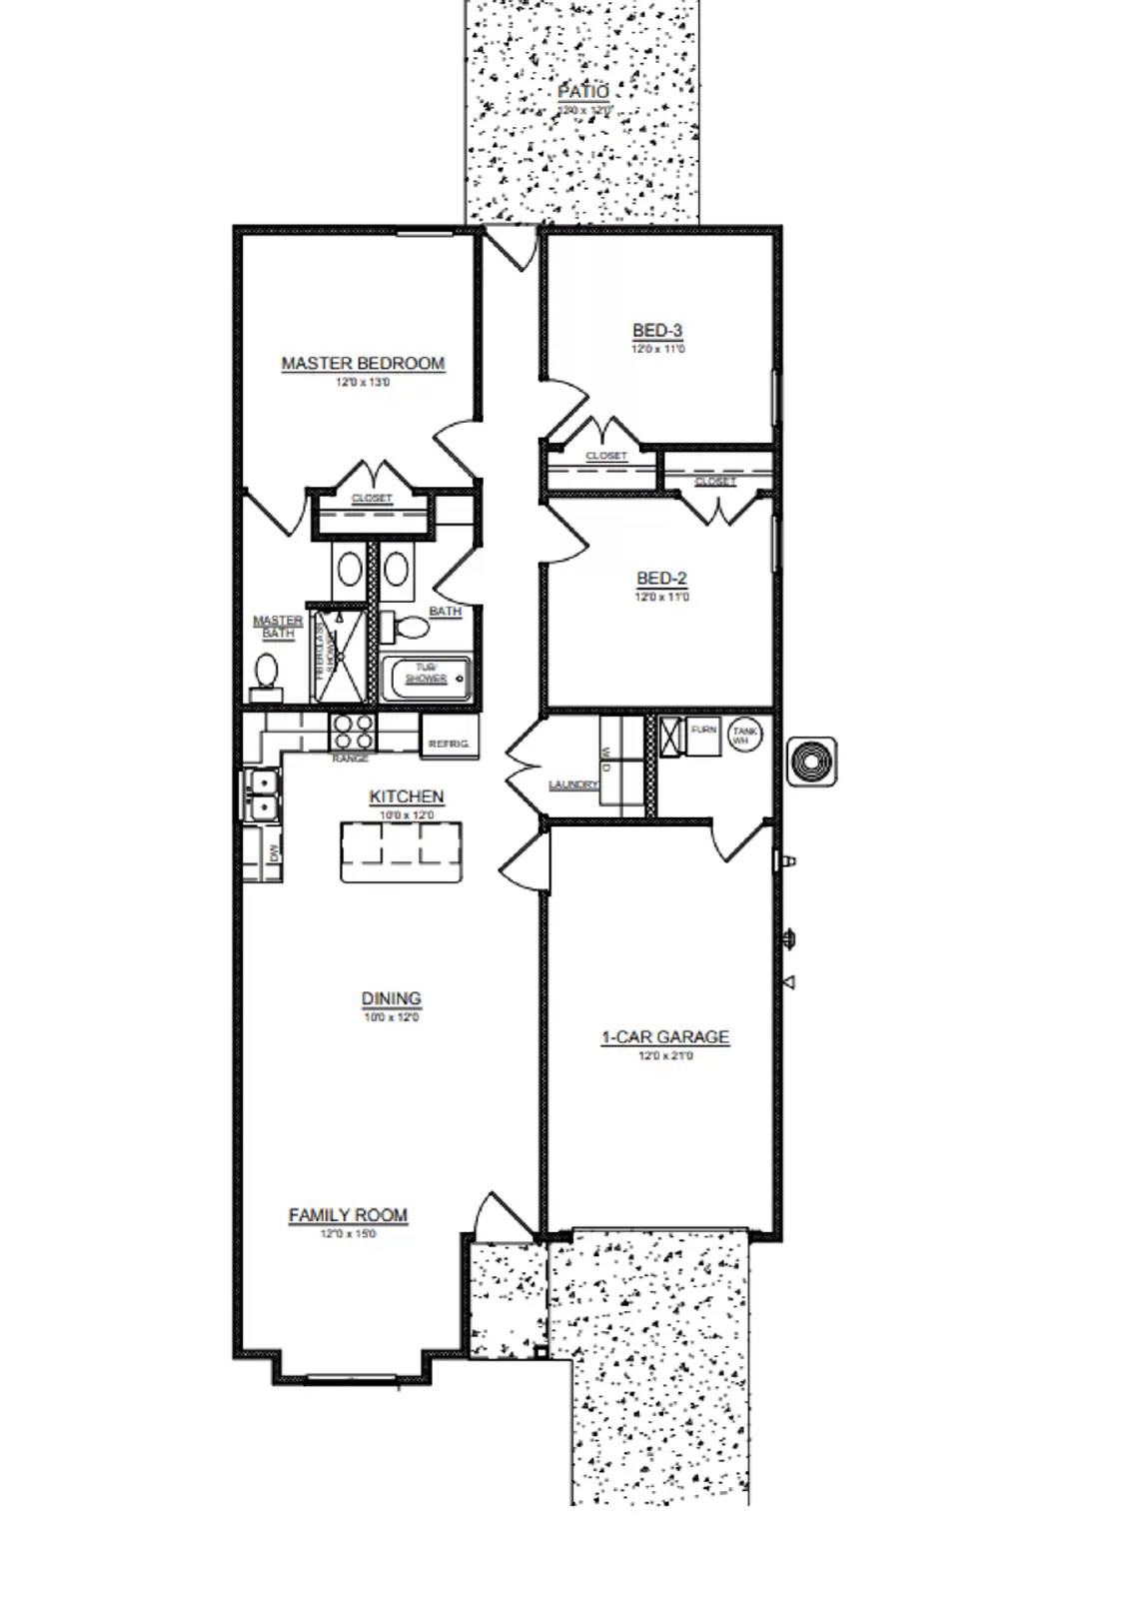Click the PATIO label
pos(582,91)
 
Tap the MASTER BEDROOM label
pos(363,363)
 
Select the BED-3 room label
pos(657,330)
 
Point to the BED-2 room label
pos(661,578)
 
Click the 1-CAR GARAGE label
pos(664,1037)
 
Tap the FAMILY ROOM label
pos(348,1214)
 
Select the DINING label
pos(391,997)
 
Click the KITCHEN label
pos(406,797)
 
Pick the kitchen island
pos(403,851)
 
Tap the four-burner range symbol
pos(353,732)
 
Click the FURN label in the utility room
pos(703,731)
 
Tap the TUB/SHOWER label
pos(426,674)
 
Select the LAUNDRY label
pos(572,785)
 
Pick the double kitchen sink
pos(262,794)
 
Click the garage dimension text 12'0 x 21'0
pos(664,1055)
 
